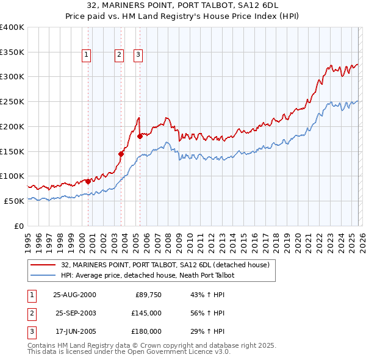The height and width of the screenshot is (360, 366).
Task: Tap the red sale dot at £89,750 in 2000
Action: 88,181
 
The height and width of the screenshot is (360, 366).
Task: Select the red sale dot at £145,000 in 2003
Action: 121,154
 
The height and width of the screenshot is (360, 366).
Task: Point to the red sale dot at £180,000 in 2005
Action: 140,136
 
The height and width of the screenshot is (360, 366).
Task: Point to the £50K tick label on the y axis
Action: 14,201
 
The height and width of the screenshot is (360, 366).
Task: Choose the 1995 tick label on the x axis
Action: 27,239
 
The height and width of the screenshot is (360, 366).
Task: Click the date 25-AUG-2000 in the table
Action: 74,295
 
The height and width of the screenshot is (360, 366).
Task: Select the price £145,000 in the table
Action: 146,313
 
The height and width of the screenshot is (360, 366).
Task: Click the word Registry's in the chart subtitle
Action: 210,17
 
